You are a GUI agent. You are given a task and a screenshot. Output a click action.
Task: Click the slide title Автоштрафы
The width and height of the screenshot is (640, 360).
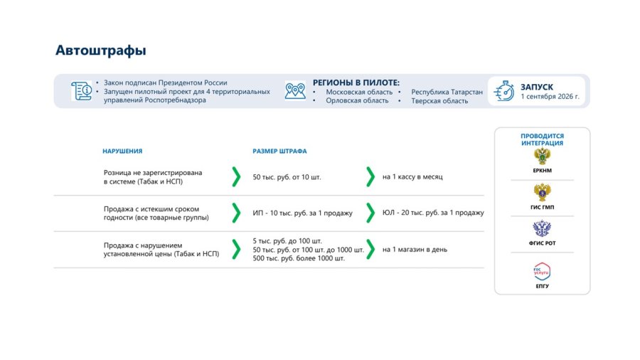[101, 51]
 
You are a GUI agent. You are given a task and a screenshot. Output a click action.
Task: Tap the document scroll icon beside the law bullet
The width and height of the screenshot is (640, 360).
[81, 90]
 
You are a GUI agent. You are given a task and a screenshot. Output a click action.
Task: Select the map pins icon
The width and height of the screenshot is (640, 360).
[295, 90]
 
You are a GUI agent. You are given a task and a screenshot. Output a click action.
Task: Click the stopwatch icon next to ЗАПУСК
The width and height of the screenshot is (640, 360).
[503, 90]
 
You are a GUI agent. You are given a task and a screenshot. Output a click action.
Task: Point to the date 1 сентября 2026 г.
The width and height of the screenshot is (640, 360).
[550, 97]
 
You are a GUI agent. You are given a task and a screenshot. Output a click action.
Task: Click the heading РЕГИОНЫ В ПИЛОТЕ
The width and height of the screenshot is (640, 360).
[356, 83]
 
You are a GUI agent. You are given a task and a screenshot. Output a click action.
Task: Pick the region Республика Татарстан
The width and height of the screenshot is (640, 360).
[447, 92]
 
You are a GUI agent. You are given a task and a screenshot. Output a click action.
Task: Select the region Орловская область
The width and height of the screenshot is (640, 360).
[357, 100]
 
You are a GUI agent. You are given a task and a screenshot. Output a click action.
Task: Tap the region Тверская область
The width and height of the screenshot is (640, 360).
[439, 101]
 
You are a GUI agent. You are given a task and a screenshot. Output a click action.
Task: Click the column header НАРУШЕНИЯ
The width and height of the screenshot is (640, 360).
[122, 151]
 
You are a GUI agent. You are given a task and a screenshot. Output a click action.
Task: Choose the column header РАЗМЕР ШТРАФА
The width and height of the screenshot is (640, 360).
[279, 151]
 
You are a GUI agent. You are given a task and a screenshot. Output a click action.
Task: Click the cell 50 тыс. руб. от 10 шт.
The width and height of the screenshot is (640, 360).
[287, 177]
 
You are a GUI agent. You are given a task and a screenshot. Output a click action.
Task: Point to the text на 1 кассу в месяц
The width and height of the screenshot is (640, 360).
[412, 176]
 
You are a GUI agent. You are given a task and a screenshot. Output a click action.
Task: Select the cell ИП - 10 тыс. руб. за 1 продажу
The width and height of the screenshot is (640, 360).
[302, 213]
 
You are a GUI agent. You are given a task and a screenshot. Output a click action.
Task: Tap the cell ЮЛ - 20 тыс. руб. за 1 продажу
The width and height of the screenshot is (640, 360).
[433, 213]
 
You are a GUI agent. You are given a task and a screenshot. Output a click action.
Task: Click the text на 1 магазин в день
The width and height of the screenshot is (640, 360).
[415, 250]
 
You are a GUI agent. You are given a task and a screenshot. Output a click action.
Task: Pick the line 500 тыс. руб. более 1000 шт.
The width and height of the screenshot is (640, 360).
[299, 258]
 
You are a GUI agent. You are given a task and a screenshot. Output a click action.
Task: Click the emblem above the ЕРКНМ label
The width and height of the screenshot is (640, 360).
[542, 157]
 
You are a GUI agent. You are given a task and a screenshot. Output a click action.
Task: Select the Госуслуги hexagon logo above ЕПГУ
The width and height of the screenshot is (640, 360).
[542, 272]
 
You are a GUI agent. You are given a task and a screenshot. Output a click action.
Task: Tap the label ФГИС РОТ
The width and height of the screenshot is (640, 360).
[542, 243]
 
